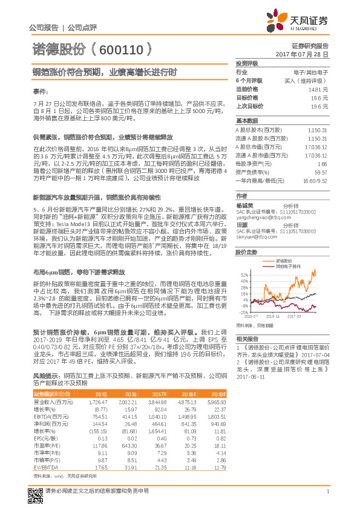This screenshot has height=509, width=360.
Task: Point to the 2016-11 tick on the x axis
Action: pyautogui.click(x=272, y=316)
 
